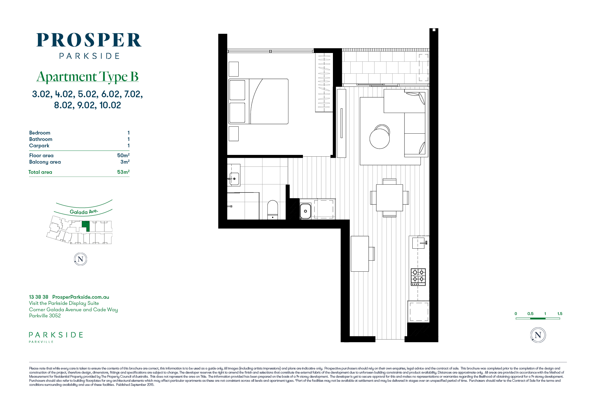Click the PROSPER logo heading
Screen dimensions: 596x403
click(89, 40)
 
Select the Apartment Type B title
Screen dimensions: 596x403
click(87, 77)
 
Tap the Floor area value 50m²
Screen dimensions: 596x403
click(123, 155)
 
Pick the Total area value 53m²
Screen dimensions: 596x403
click(123, 172)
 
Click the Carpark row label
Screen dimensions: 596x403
click(39, 146)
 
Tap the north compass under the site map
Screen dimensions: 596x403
click(81, 259)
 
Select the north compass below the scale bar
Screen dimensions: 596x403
click(538, 335)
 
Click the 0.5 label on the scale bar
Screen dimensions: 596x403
click(531, 314)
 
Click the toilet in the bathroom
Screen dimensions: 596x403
click(273, 210)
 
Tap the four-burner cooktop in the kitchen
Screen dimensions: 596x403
click(418, 277)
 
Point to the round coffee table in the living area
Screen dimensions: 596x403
click(379, 139)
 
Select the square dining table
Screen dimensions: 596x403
click(389, 197)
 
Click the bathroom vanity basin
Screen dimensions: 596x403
click(234, 178)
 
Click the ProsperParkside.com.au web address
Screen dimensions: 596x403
click(81, 297)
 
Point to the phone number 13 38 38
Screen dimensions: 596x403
click(39, 297)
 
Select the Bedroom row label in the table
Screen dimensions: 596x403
click(40, 133)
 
